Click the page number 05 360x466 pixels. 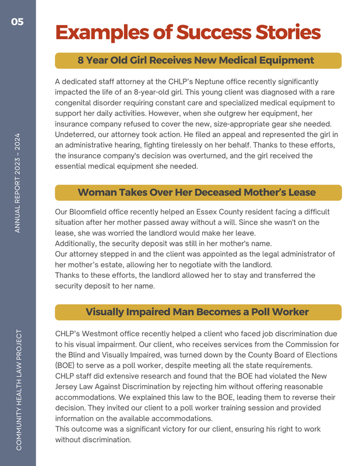(17, 22)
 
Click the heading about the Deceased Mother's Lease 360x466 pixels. (196, 192)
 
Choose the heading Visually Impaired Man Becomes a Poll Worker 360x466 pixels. (197, 312)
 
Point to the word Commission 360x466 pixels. (309, 345)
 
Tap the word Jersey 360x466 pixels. (68, 387)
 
